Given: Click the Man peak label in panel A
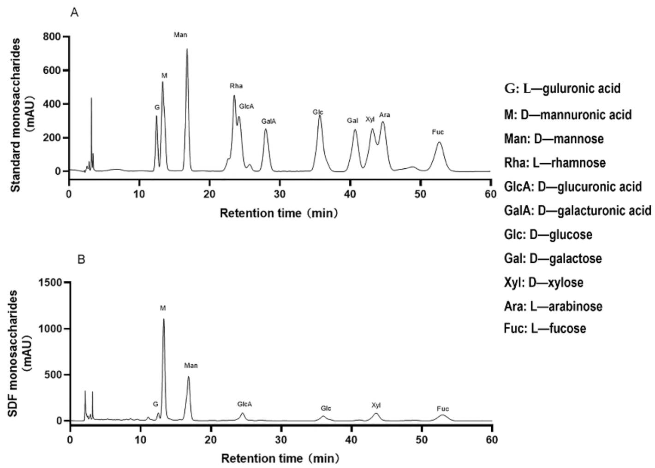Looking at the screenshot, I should tap(180, 35).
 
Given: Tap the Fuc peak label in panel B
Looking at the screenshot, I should tap(442, 409).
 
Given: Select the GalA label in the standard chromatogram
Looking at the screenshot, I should tap(268, 121).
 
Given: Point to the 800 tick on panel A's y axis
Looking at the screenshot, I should tap(52, 36).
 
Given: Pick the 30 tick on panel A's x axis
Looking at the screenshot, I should tap(280, 194).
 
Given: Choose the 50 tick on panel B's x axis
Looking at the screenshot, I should tap(422, 440).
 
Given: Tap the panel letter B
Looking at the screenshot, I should tap(81, 260).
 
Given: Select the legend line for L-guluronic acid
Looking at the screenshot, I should tap(562, 89).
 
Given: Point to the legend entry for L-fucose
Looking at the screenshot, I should tap(545, 329).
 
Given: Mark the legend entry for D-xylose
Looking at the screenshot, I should tap(544, 282).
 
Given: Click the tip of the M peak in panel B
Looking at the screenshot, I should tap(164, 319).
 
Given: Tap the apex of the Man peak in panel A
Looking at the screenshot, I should tap(187, 49).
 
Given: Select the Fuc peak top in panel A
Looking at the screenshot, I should tap(439, 142).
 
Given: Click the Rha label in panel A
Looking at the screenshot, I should tap(236, 86).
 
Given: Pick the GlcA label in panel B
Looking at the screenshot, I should tap(244, 404).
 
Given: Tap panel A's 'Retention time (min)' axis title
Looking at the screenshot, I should tap(279, 213).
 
